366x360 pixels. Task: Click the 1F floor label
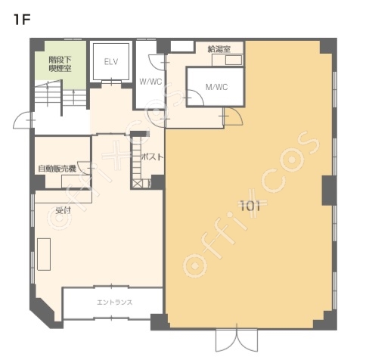pyautogui.click(x=22, y=20)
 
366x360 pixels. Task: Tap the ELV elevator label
pyautogui.click(x=111, y=62)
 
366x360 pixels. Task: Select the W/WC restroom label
pyautogui.click(x=150, y=82)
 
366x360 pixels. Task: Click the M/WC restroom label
pyautogui.click(x=216, y=87)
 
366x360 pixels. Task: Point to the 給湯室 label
pyautogui.click(x=219, y=49)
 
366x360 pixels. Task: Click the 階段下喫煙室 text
pyautogui.click(x=60, y=64)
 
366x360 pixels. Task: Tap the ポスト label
pyautogui.click(x=153, y=157)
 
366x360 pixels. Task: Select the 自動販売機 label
pyautogui.click(x=57, y=169)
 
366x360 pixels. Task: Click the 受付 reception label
pyautogui.click(x=63, y=210)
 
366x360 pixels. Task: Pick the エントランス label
pyautogui.click(x=115, y=302)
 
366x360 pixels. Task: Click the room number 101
pyautogui.click(x=250, y=206)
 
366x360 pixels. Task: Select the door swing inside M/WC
pyautogui.click(x=195, y=98)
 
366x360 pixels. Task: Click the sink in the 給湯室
pyautogui.click(x=234, y=61)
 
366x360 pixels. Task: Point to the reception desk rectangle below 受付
pyautogui.click(x=44, y=254)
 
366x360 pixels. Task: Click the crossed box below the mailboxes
pyautogui.click(x=138, y=184)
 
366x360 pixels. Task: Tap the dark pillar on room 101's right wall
pyautogui.click(x=329, y=191)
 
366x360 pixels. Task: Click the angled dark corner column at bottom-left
pyautogui.click(x=43, y=312)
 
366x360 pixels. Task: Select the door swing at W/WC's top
pyautogui.click(x=157, y=62)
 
